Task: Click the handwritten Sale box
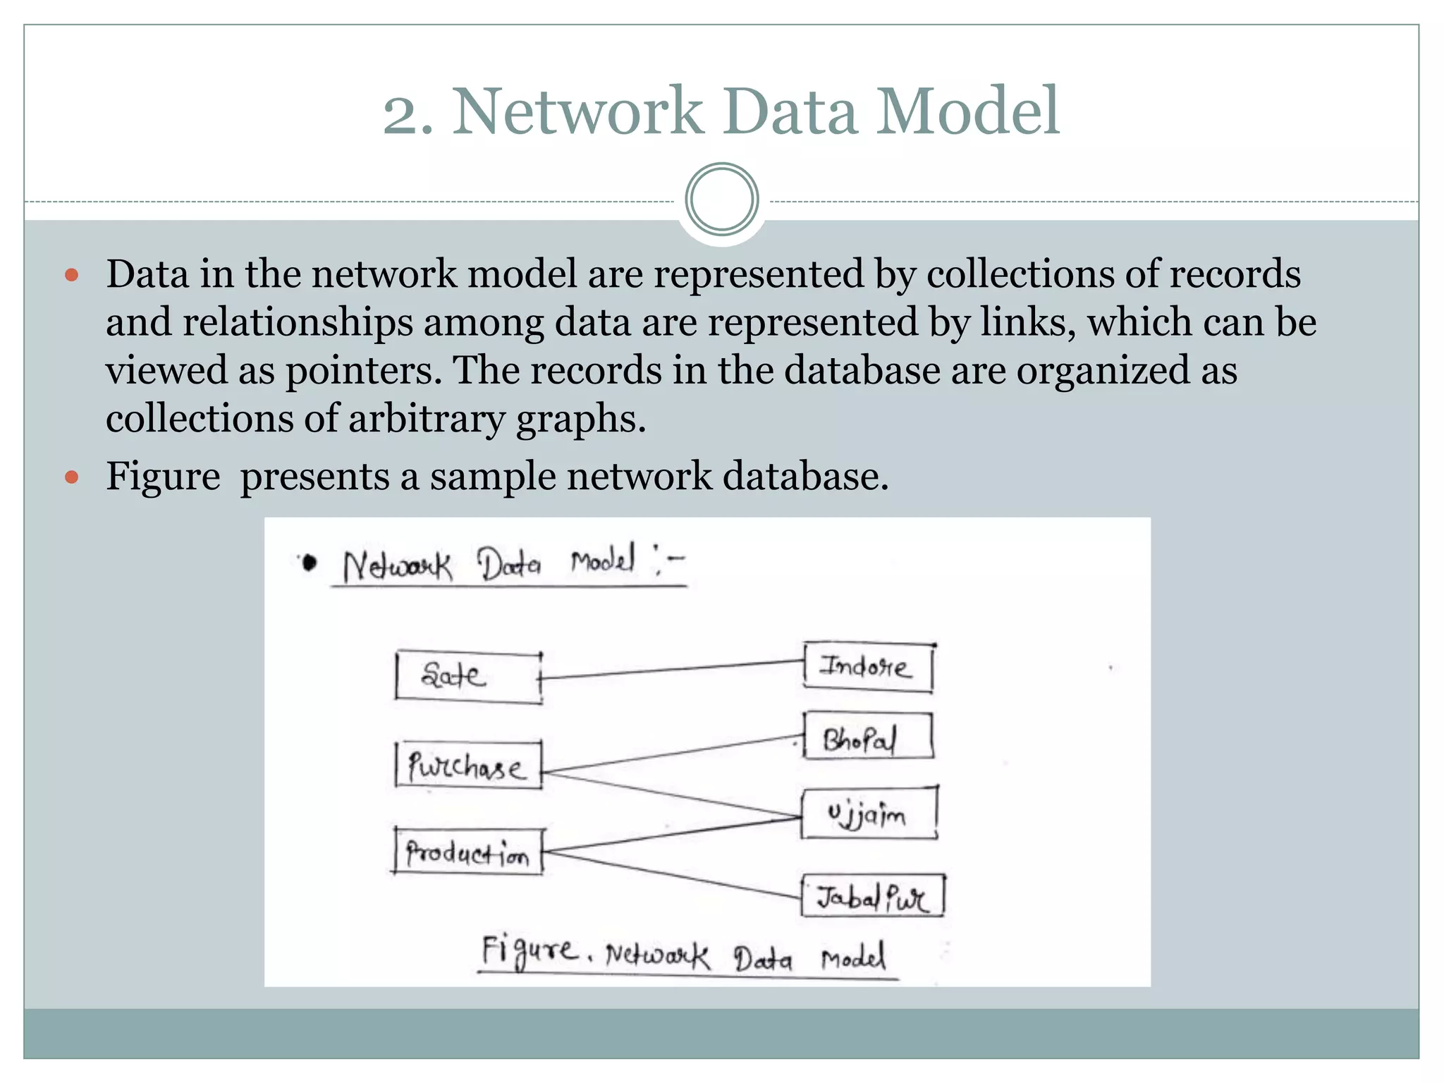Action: [x=468, y=677]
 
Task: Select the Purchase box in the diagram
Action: [x=468, y=766]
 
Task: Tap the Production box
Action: [x=468, y=852]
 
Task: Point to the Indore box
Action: [x=868, y=667]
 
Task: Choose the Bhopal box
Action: [x=868, y=737]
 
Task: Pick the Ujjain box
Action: [x=869, y=814]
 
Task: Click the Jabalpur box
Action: [x=872, y=896]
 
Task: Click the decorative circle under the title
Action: [x=721, y=200]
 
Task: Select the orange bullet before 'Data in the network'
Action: [x=71, y=274]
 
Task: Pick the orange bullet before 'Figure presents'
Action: [x=71, y=477]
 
